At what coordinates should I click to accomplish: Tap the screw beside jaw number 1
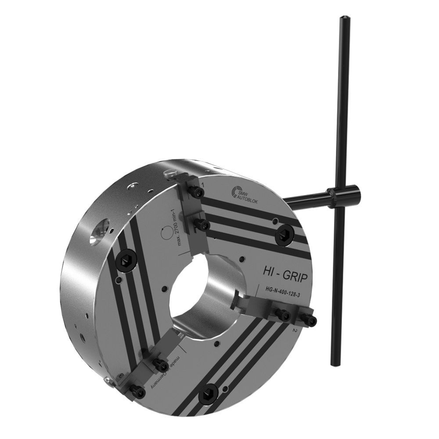point(197,192)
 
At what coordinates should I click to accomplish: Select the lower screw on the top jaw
point(202,225)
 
